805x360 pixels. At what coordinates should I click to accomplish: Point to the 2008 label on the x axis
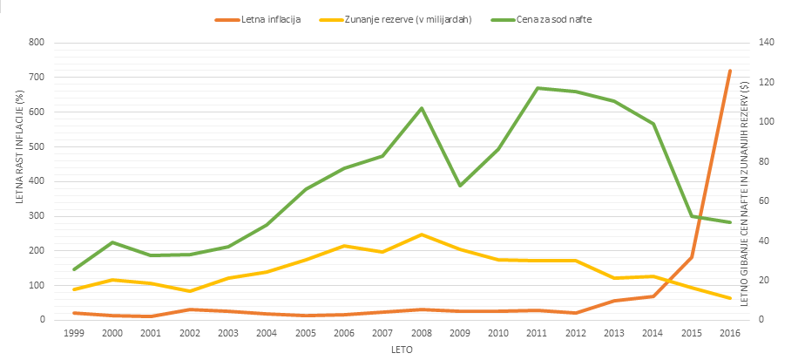point(421,333)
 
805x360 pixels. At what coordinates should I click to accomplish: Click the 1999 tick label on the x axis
point(75,333)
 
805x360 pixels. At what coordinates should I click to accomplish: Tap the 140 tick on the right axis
point(766,43)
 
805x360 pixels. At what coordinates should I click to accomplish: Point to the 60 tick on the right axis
point(763,200)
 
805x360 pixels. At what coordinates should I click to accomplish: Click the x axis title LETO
point(402,350)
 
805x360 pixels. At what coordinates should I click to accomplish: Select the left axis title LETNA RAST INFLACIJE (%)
point(18,146)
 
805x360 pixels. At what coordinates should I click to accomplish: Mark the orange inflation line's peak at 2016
point(729,71)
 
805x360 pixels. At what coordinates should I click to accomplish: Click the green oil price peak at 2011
point(537,88)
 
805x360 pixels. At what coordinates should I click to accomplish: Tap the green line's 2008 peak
point(422,108)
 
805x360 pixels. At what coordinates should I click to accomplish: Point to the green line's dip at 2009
point(460,186)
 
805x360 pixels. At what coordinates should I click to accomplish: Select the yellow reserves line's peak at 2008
point(422,234)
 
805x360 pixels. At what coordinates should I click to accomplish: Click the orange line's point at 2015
point(691,256)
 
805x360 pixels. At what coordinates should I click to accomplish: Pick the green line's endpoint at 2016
point(729,222)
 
